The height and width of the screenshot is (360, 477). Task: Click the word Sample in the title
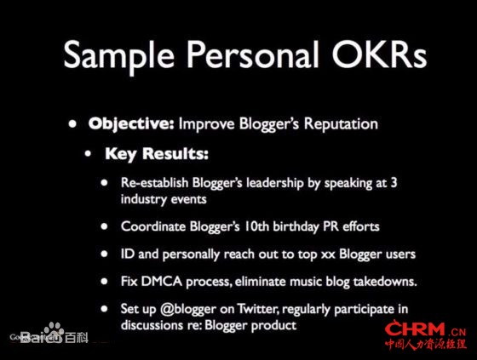(x=119, y=55)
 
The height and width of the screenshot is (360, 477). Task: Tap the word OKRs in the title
(x=380, y=54)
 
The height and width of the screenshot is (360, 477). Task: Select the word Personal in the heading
(x=253, y=54)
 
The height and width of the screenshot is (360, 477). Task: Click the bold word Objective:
(x=131, y=124)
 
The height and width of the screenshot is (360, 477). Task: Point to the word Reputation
(x=341, y=124)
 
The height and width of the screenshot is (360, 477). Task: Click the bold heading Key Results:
(x=157, y=153)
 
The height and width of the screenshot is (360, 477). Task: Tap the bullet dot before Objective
(x=72, y=123)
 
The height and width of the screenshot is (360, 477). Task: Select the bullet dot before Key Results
(x=88, y=154)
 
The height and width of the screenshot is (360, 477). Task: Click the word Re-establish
(x=154, y=183)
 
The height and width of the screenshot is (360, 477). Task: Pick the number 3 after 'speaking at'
(x=394, y=182)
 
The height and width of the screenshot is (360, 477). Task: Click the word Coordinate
(x=153, y=226)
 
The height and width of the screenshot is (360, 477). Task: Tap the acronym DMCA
(x=162, y=281)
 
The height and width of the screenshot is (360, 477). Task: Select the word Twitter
(x=258, y=309)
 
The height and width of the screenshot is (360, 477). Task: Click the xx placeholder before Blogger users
(x=328, y=254)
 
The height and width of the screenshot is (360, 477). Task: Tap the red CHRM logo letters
(x=415, y=329)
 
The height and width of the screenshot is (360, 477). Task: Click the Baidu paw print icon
(x=54, y=329)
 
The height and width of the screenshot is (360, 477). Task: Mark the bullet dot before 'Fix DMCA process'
(x=104, y=281)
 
